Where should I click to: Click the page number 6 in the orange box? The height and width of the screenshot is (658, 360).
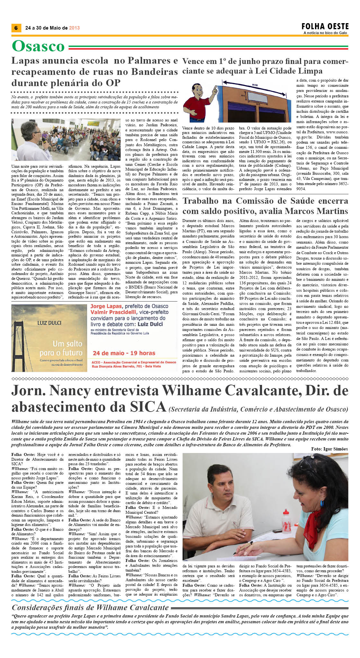[x=16, y=28]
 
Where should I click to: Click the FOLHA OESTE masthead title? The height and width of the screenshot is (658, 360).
[x=325, y=26]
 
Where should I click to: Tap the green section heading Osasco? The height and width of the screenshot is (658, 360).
[x=38, y=46]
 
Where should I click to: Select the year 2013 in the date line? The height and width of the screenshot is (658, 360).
[x=74, y=28]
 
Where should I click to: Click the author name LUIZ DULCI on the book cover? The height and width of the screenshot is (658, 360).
[x=49, y=323]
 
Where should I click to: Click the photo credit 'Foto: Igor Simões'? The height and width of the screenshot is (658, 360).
[x=329, y=449]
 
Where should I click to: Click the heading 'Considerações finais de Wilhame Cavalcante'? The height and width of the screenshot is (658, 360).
[x=90, y=608]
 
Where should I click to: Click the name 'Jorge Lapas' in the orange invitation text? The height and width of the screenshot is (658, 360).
[x=106, y=307]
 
